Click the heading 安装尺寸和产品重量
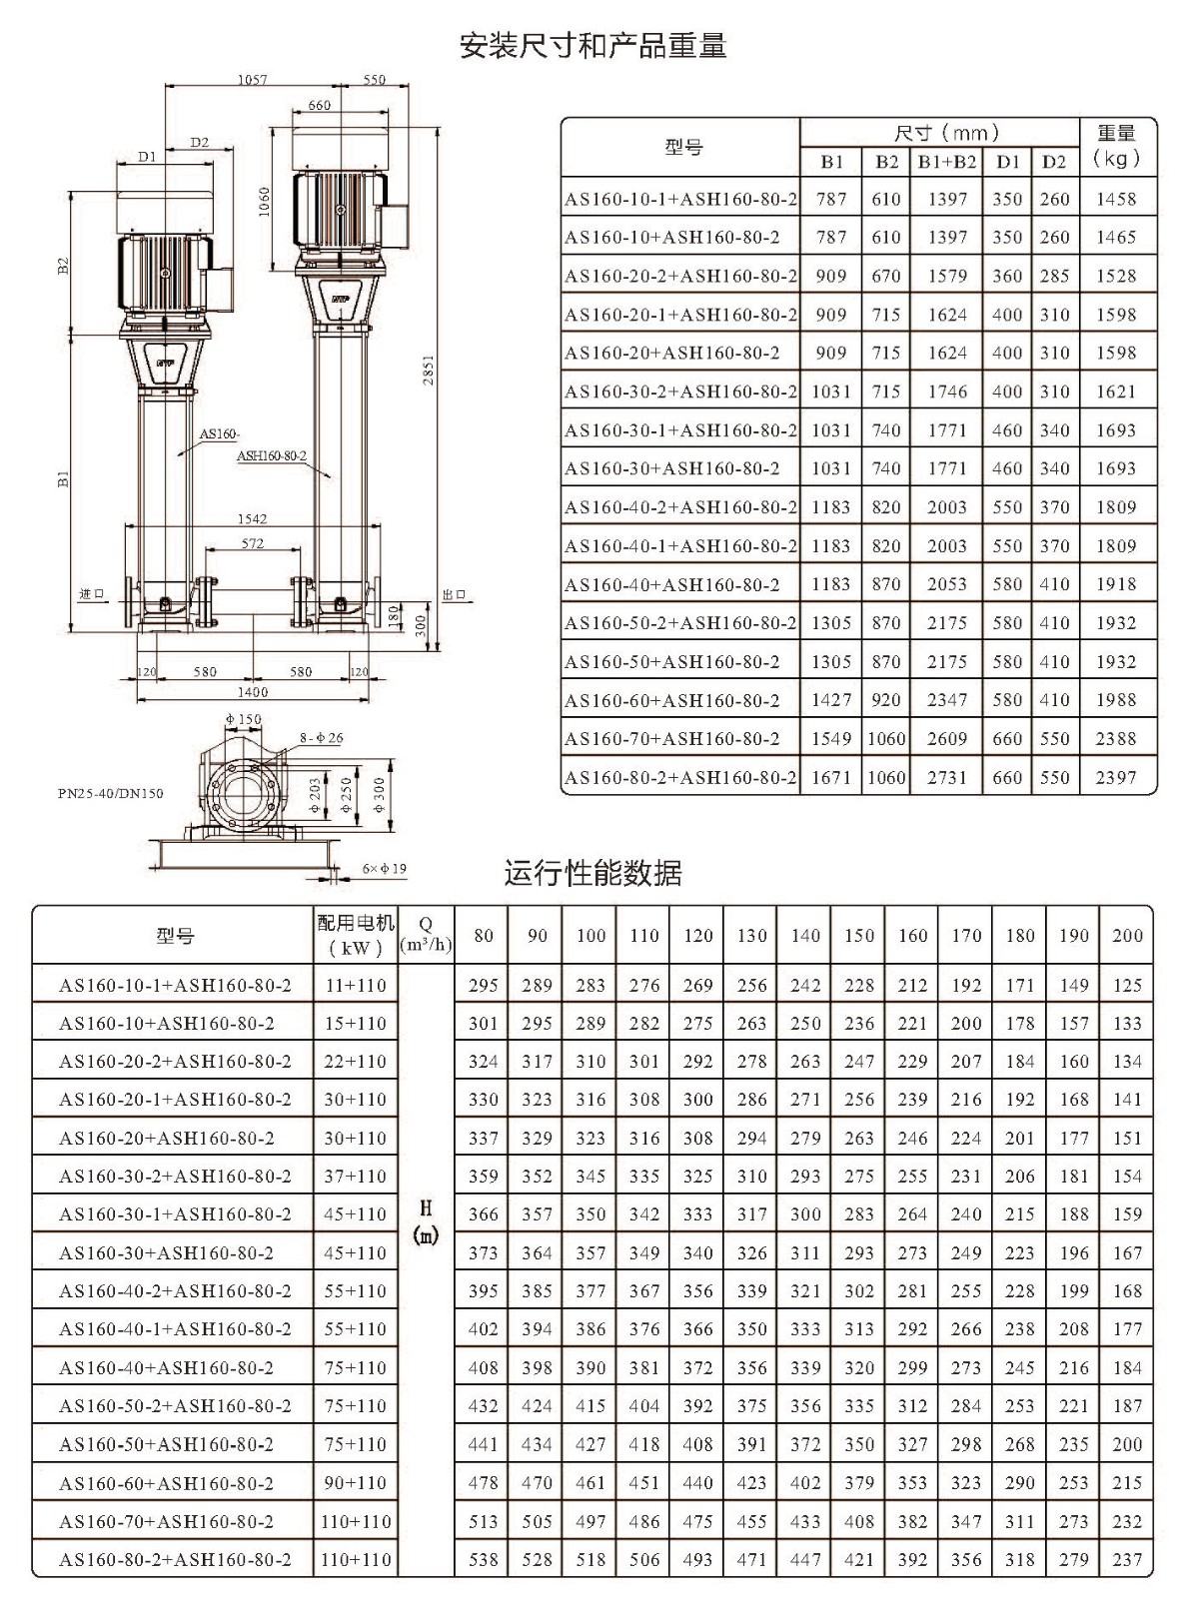point(593,46)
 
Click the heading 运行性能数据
point(592,873)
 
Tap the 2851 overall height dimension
point(428,371)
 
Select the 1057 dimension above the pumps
point(252,80)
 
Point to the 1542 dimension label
point(252,518)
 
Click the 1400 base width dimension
point(252,692)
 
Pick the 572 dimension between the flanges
point(252,543)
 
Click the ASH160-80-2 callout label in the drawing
point(272,455)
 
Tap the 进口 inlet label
point(92,594)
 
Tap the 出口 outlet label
point(455,594)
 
